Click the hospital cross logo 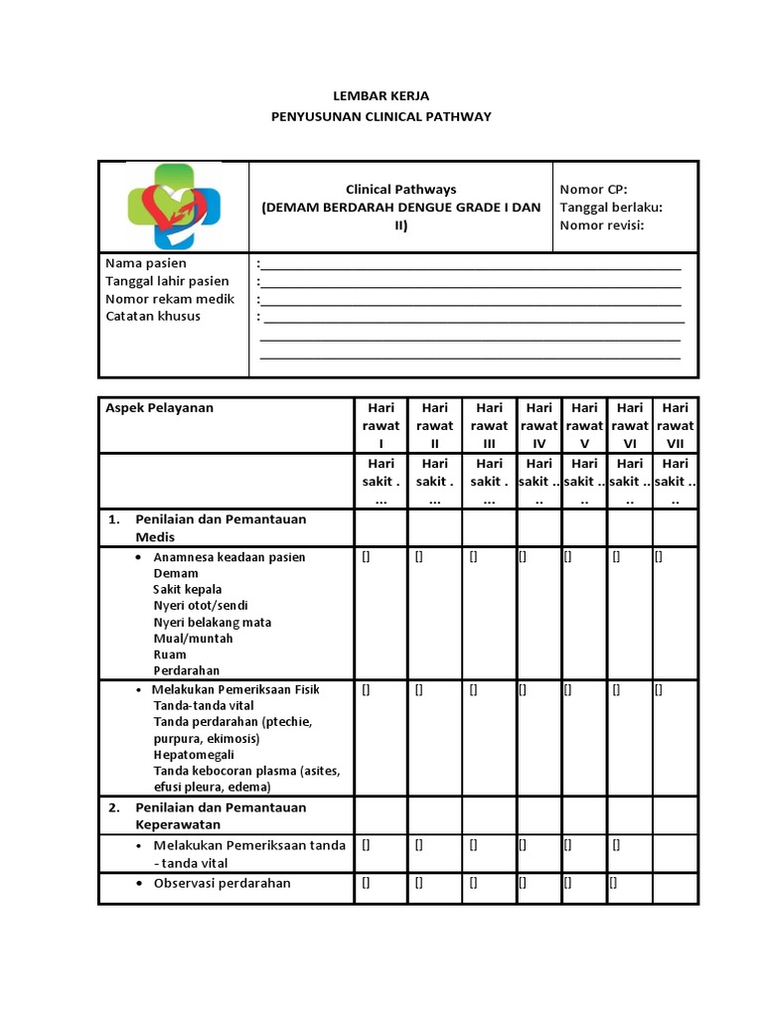pyautogui.click(x=174, y=207)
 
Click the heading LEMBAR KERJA pyautogui.click(x=381, y=96)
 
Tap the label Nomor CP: pyautogui.click(x=593, y=189)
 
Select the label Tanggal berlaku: pyautogui.click(x=611, y=207)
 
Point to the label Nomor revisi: pyautogui.click(x=602, y=224)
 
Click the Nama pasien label pyautogui.click(x=146, y=263)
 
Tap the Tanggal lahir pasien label pyautogui.click(x=167, y=281)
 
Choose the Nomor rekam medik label pyautogui.click(x=170, y=298)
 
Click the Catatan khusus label pyautogui.click(x=153, y=316)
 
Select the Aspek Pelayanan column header pyautogui.click(x=160, y=407)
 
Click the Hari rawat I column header pyautogui.click(x=381, y=425)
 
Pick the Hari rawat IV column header pyautogui.click(x=539, y=425)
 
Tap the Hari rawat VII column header pyautogui.click(x=676, y=425)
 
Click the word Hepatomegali pyautogui.click(x=194, y=755)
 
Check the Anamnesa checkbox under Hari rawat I pyautogui.click(x=366, y=557)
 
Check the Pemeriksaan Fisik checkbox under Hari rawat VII pyautogui.click(x=658, y=689)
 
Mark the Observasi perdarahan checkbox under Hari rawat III pyautogui.click(x=473, y=882)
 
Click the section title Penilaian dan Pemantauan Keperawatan pyautogui.click(x=221, y=815)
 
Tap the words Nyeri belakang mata pyautogui.click(x=213, y=623)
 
